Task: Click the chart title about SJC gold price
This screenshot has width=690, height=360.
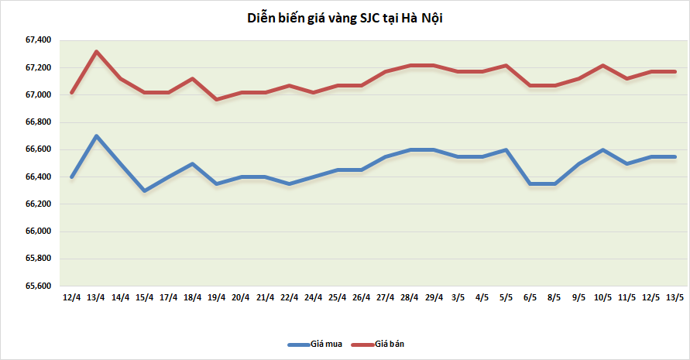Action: click(x=345, y=18)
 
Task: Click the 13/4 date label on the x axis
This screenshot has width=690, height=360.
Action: click(x=96, y=298)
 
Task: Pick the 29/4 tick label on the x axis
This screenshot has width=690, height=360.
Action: click(x=434, y=298)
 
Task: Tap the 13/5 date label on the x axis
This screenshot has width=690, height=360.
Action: click(x=675, y=298)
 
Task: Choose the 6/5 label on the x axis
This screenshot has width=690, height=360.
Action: click(x=530, y=298)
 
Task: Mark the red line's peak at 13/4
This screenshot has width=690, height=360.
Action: click(x=96, y=52)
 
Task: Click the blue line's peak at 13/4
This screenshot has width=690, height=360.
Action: click(x=96, y=136)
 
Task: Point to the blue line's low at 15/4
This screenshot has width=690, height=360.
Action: click(x=144, y=190)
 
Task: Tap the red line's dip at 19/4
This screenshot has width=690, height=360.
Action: click(x=216, y=99)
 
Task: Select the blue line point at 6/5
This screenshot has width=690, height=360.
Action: click(x=530, y=183)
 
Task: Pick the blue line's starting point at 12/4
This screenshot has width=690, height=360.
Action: click(x=72, y=177)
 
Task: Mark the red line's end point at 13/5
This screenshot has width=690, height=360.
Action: click(x=675, y=71)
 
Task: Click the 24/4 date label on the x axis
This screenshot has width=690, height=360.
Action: click(x=313, y=298)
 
